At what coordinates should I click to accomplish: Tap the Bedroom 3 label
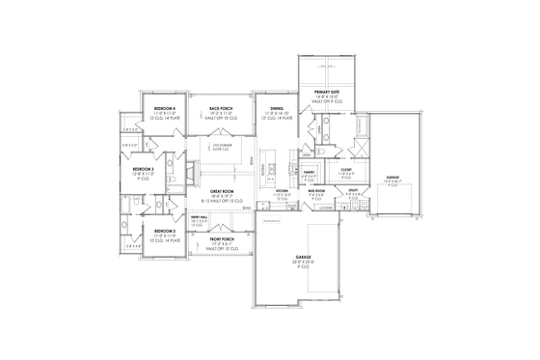(x=143, y=168)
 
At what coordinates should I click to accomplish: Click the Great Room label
(x=223, y=191)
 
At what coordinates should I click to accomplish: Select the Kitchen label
(x=283, y=191)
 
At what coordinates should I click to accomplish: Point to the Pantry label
(x=310, y=172)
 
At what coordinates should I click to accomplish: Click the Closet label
(x=346, y=170)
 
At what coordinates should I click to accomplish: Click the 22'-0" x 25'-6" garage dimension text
(x=303, y=263)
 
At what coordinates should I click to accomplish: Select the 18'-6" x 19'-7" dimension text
(x=223, y=196)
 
